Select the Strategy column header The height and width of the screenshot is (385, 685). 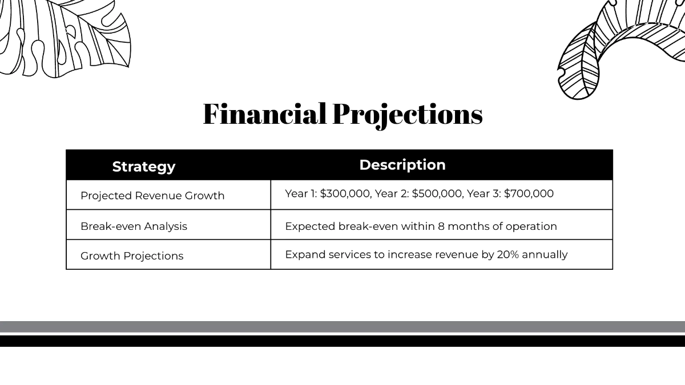(x=144, y=167)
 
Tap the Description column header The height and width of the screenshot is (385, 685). (x=402, y=165)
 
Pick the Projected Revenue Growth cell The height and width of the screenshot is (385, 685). (x=152, y=196)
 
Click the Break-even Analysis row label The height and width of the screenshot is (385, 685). (x=134, y=226)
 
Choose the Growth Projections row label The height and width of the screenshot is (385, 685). (x=132, y=256)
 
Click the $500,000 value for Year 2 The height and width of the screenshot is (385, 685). (x=437, y=193)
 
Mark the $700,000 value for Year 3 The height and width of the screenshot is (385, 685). (x=529, y=193)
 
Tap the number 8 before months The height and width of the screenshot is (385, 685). (x=441, y=226)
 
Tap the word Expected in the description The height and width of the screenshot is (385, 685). (x=310, y=226)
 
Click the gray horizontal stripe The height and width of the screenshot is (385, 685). (x=342, y=327)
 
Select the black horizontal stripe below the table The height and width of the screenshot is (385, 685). (x=342, y=341)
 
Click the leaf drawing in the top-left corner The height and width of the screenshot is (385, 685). (x=63, y=37)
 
